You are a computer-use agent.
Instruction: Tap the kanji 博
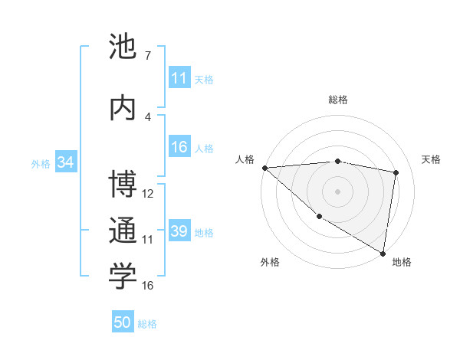pyautogui.click(x=123, y=184)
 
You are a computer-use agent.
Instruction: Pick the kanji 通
pyautogui.click(x=123, y=231)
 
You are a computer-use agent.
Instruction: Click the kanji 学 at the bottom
pyautogui.click(x=123, y=277)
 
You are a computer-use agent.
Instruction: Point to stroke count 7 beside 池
pyautogui.click(x=147, y=56)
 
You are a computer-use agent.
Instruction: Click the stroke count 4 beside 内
pyautogui.click(x=147, y=117)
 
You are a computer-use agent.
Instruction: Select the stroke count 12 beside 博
pyautogui.click(x=149, y=194)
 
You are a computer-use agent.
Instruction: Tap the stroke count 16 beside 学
pyautogui.click(x=149, y=286)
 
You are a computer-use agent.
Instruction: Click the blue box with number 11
pyautogui.click(x=179, y=78)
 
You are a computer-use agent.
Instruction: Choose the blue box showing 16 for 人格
pyautogui.click(x=179, y=148)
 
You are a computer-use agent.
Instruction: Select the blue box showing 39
pyautogui.click(x=179, y=231)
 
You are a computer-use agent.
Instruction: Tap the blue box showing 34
pyautogui.click(x=65, y=162)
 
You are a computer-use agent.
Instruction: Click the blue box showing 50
pyautogui.click(x=123, y=323)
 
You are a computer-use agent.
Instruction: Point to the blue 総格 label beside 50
pyautogui.click(x=147, y=324)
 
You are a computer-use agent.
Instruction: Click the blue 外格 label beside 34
pyautogui.click(x=41, y=163)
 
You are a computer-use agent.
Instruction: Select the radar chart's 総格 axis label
pyautogui.click(x=338, y=100)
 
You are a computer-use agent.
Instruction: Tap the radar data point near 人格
pyautogui.click(x=264, y=168)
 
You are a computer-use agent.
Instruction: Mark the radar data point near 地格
pyautogui.click(x=383, y=254)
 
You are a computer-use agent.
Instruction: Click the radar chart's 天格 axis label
pyautogui.click(x=432, y=159)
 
